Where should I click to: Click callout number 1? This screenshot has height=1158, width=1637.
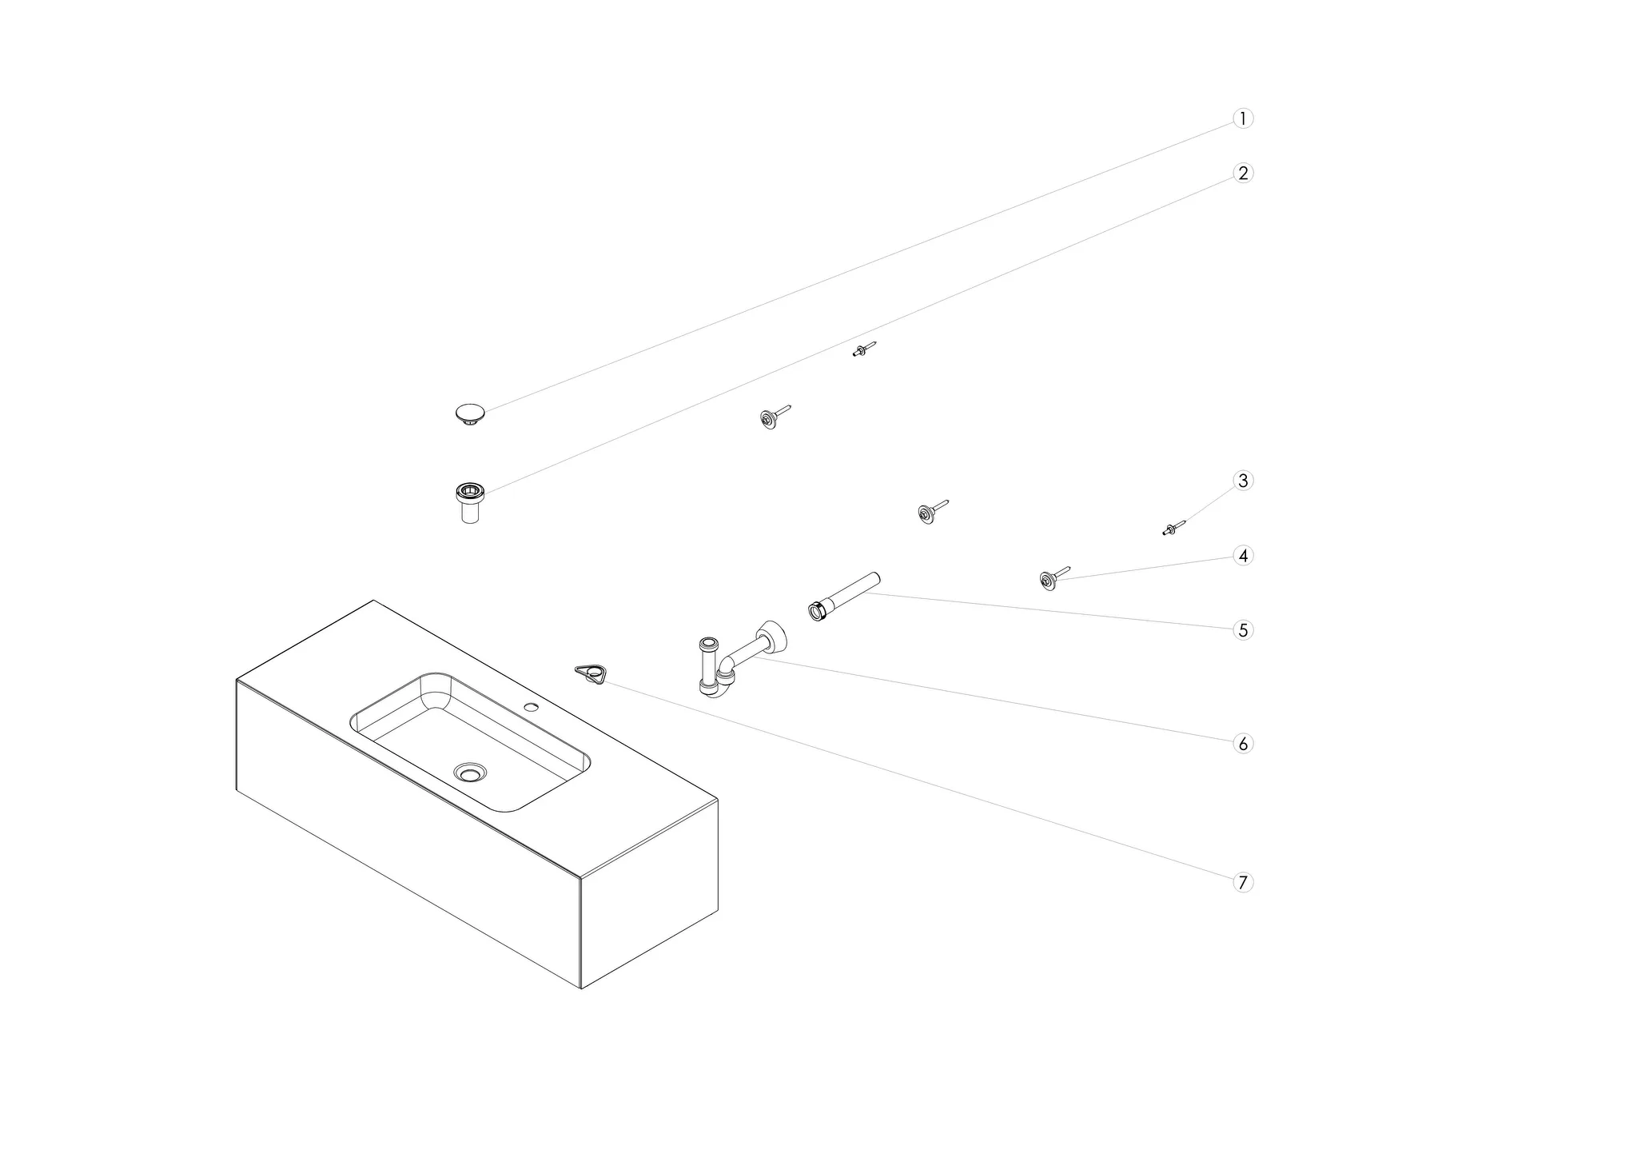pyautogui.click(x=1242, y=118)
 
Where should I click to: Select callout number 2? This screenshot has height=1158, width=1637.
pyautogui.click(x=1242, y=173)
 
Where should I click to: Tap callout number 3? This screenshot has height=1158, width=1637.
pyautogui.click(x=1242, y=481)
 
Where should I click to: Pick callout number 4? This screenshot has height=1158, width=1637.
pyautogui.click(x=1242, y=555)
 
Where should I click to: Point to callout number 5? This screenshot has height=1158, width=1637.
pyautogui.click(x=1242, y=630)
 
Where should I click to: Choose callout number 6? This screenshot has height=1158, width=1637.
pyautogui.click(x=1242, y=744)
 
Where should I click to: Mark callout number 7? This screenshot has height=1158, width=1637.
pyautogui.click(x=1242, y=883)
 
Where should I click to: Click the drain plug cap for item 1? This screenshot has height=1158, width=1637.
pyautogui.click(x=470, y=414)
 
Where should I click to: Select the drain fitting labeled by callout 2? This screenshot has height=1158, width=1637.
pyautogui.click(x=470, y=502)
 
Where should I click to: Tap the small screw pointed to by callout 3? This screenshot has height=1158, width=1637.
pyautogui.click(x=1173, y=527)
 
